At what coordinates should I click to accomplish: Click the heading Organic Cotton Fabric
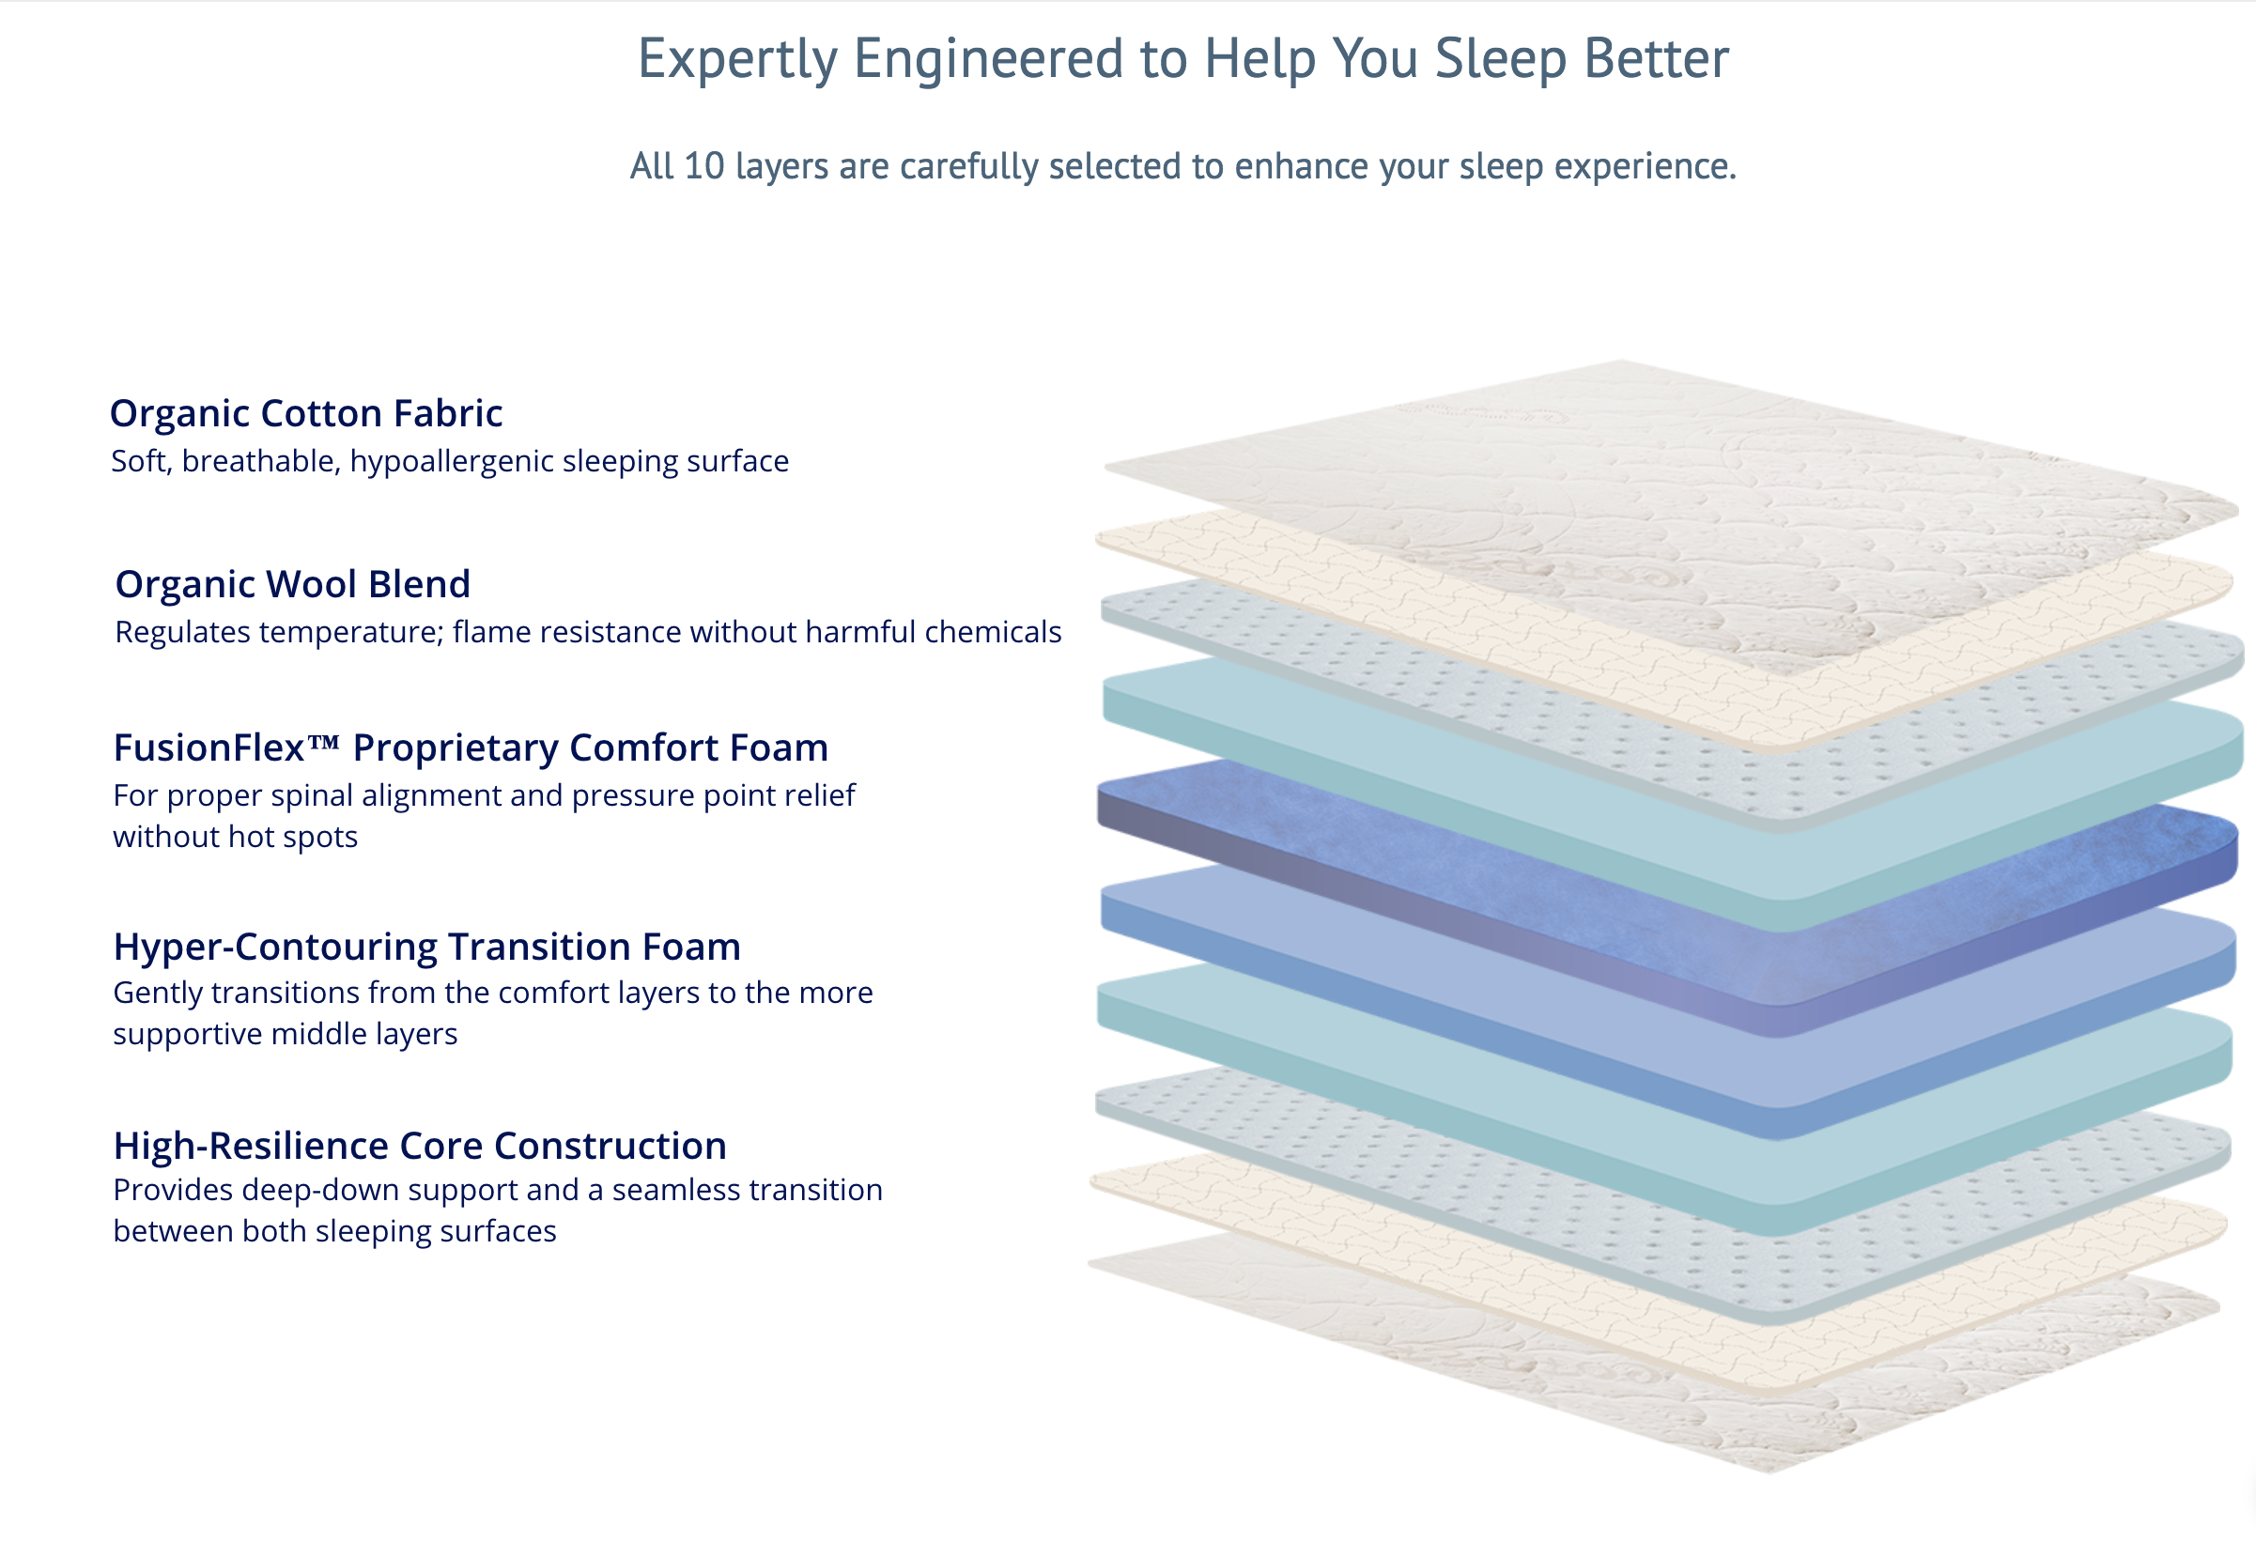(x=305, y=413)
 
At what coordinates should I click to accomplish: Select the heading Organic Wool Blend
(x=293, y=584)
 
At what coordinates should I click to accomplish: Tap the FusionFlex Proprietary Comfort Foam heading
(x=471, y=748)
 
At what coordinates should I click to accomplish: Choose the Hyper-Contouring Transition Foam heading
(x=426, y=948)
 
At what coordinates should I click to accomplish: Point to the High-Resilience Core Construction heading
(x=420, y=1147)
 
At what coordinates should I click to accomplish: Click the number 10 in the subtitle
(x=703, y=167)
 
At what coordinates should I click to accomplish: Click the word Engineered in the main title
(x=989, y=58)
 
